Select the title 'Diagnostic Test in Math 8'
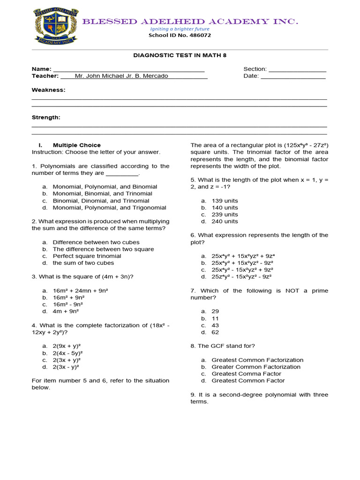(180, 55)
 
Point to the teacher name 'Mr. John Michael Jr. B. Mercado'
(121, 76)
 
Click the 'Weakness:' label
(48, 90)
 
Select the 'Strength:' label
(46, 117)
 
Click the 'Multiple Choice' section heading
(76, 145)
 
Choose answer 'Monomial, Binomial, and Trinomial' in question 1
(102, 194)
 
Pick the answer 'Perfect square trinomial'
(87, 256)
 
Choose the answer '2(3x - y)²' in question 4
(67, 367)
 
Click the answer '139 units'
(225, 201)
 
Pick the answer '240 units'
(225, 221)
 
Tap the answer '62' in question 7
(215, 332)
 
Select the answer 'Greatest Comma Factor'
(246, 374)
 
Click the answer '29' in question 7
(215, 311)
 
